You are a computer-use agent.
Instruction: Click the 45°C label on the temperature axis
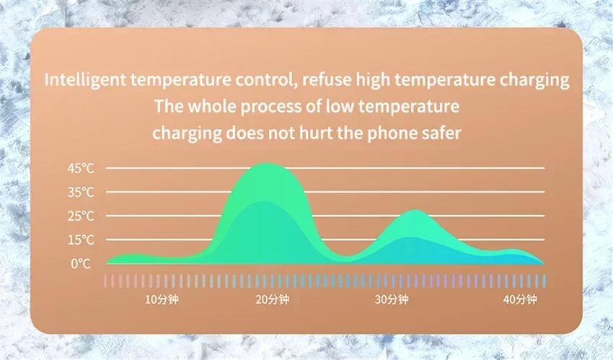(81, 169)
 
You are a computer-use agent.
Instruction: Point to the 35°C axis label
(81, 193)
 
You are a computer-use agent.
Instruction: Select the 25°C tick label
(81, 216)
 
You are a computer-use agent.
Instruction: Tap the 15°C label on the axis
(81, 240)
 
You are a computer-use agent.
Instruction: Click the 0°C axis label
(81, 264)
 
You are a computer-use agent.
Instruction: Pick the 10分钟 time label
(162, 300)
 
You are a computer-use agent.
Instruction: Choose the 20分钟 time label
(273, 300)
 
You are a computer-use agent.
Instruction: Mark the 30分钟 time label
(392, 300)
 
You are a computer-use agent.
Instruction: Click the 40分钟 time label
(520, 300)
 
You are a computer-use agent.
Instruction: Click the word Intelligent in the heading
(85, 80)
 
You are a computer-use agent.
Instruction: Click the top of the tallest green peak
(266, 163)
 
